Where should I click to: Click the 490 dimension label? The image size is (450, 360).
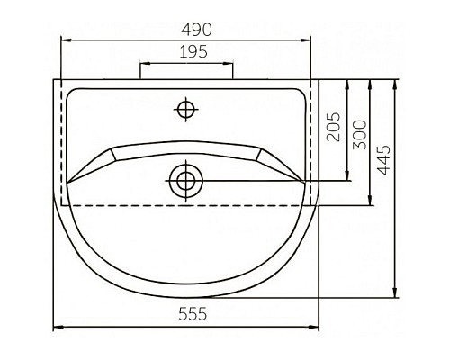point(186,28)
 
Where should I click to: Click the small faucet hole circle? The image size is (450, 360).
point(186,110)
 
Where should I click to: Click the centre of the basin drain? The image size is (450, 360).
point(186,180)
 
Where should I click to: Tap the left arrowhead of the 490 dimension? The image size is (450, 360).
point(65,40)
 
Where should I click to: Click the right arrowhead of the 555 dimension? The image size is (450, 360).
point(317,326)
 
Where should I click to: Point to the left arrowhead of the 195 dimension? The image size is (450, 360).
point(142,64)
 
